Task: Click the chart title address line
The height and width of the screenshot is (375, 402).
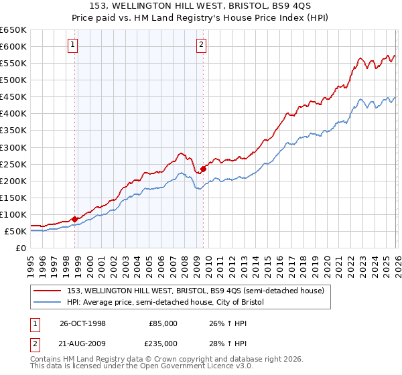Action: pyautogui.click(x=201, y=7)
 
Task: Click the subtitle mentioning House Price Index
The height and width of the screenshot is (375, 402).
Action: pyautogui.click(x=201, y=18)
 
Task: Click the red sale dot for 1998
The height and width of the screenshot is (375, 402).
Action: pyautogui.click(x=74, y=218)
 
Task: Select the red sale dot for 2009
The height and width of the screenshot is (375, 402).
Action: pyautogui.click(x=202, y=168)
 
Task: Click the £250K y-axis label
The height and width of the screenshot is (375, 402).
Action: pyautogui.click(x=13, y=164)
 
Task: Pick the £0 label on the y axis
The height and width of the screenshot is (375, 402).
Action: pyautogui.click(x=20, y=248)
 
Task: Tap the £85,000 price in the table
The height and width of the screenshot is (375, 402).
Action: pyautogui.click(x=163, y=323)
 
